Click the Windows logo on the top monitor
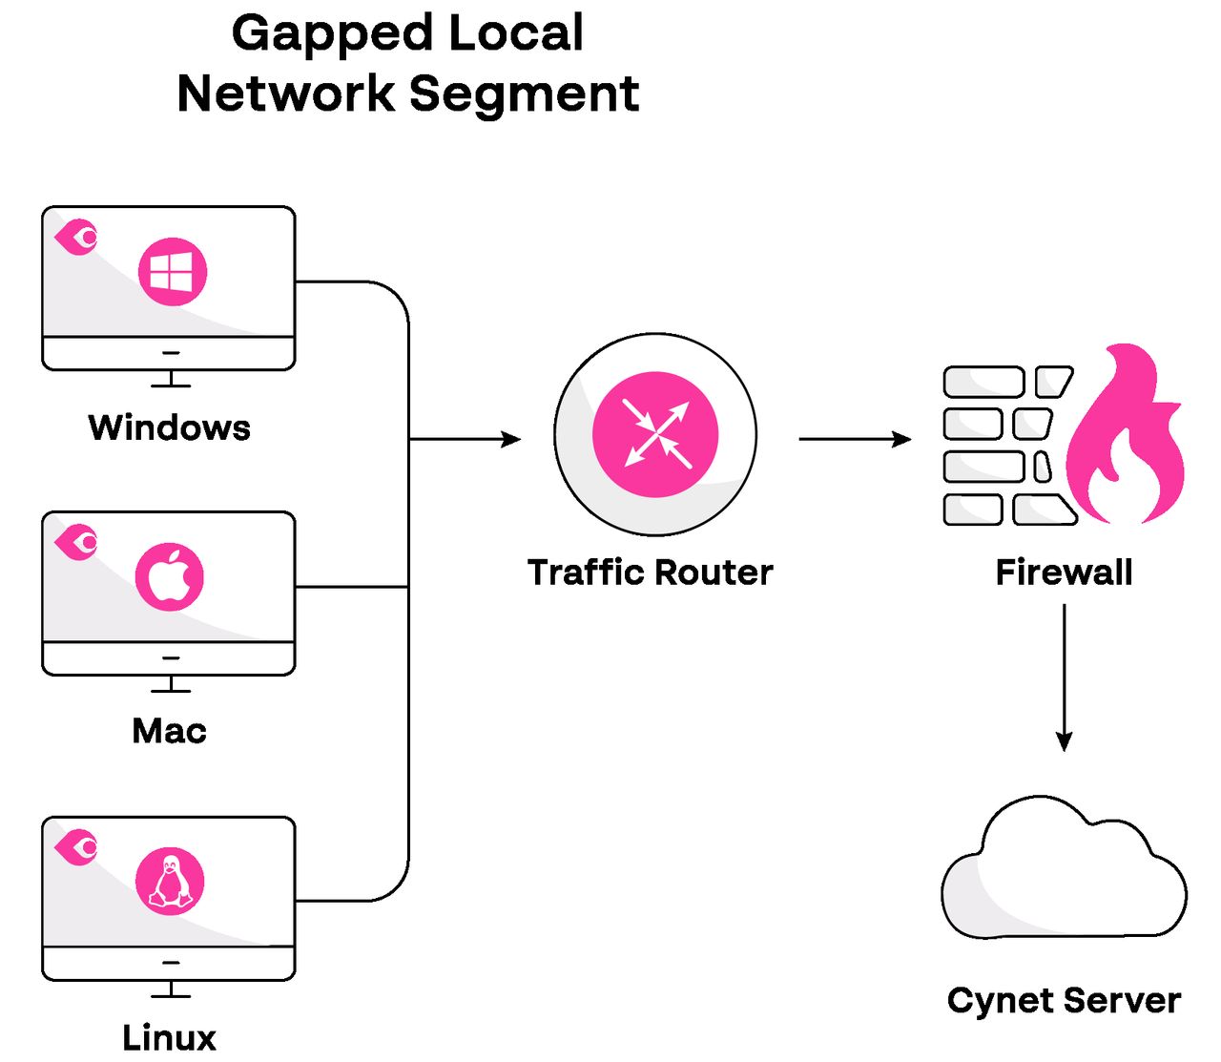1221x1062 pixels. tap(173, 272)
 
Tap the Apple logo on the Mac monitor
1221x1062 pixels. tap(170, 577)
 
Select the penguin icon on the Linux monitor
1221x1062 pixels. tap(170, 882)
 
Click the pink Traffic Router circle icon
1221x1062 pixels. tap(655, 434)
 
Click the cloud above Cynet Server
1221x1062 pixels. tap(1064, 873)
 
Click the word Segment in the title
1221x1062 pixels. tap(524, 94)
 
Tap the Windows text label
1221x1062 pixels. tap(169, 427)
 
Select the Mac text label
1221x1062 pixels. tap(169, 731)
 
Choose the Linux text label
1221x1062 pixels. tap(169, 1037)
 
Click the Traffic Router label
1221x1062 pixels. tap(650, 573)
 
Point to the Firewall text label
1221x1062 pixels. tap(1064, 573)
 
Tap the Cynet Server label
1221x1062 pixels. tap(1064, 1000)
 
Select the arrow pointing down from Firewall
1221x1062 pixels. tap(1065, 677)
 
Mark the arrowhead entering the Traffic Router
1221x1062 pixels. tap(511, 439)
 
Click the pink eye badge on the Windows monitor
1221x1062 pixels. tap(76, 237)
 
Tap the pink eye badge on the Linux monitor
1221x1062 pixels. tap(76, 846)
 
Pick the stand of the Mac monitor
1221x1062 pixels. tap(171, 684)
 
